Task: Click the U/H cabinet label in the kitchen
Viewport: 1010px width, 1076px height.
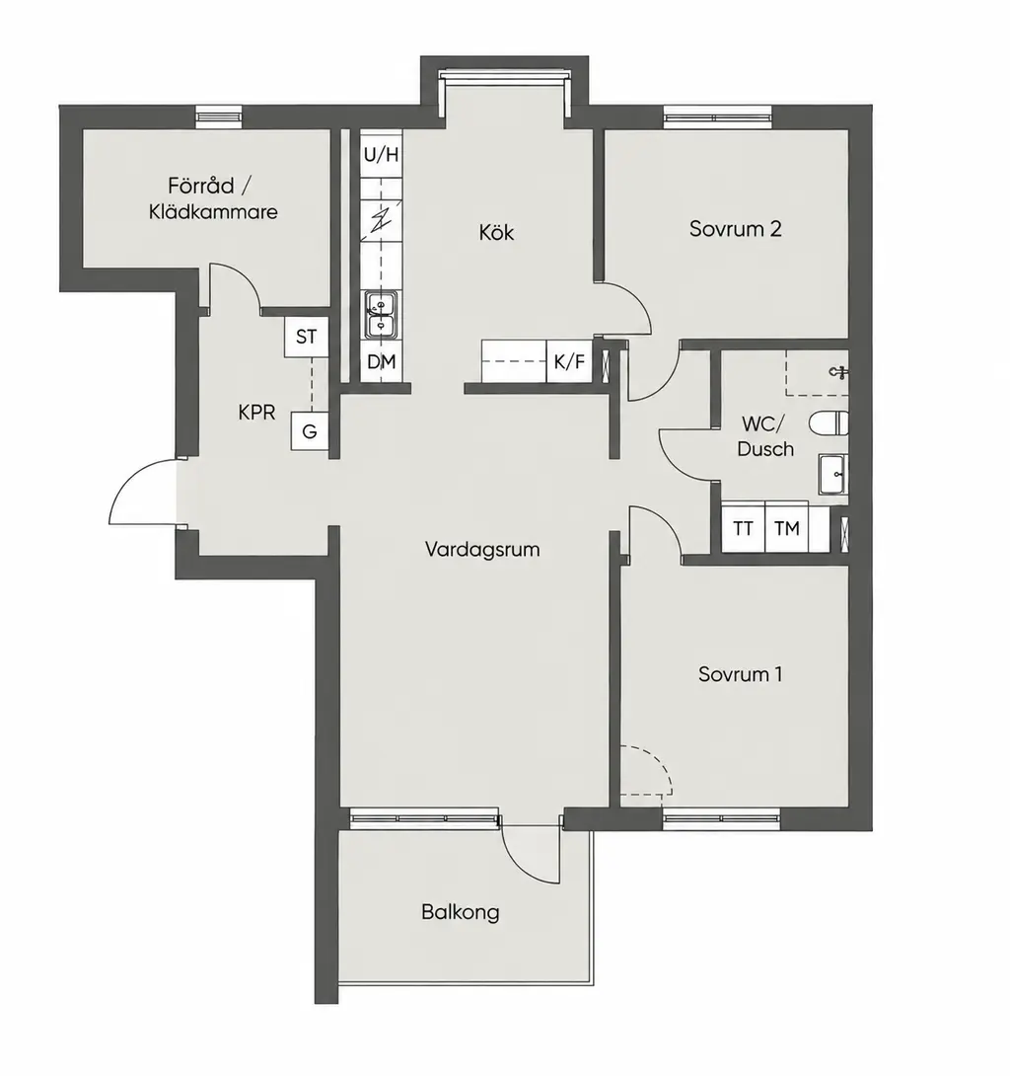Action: click(381, 154)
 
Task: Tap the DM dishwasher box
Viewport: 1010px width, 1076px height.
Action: click(382, 361)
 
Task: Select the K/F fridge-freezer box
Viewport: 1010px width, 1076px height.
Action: click(568, 361)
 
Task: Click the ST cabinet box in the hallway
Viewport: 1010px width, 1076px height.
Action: click(307, 337)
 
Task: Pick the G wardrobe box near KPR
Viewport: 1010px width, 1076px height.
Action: click(310, 431)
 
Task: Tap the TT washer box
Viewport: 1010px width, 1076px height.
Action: click(744, 528)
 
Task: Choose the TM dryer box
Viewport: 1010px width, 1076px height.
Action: click(786, 528)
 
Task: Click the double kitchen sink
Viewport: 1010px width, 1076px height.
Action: click(382, 315)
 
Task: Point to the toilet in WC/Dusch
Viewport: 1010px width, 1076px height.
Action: click(829, 423)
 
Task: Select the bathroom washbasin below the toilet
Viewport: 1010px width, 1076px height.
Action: click(833, 474)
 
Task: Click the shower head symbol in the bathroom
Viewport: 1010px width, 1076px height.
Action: click(839, 372)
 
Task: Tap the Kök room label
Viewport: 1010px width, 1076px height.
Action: click(496, 232)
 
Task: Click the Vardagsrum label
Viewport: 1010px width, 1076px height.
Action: click(482, 549)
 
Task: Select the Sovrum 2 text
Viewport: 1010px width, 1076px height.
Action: click(735, 228)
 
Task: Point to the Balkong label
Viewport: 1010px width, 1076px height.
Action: click(460, 913)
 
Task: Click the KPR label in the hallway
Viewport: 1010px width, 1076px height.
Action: click(256, 413)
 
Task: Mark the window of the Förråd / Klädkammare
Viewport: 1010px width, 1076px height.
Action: click(219, 116)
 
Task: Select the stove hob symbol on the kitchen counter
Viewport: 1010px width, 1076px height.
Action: click(382, 220)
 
